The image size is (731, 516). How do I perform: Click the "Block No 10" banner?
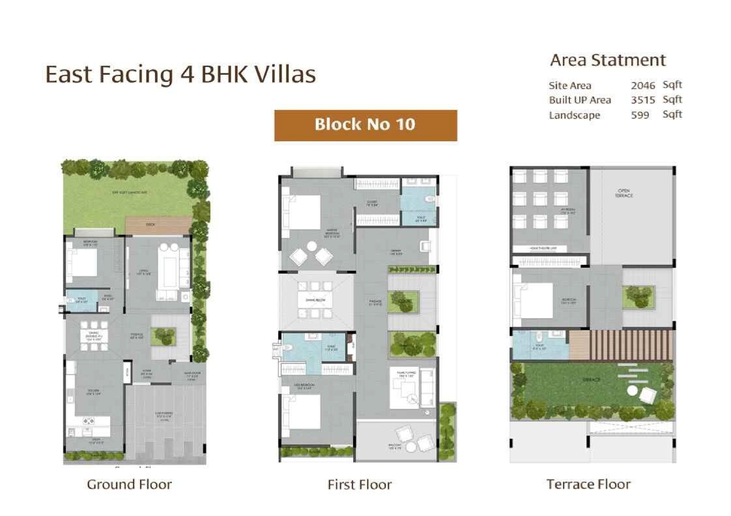(365, 125)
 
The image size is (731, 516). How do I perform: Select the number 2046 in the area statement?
(642, 85)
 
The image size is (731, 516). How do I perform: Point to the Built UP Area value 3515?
(642, 100)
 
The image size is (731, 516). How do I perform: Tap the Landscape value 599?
(640, 115)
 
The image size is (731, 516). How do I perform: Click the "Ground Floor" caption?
(129, 484)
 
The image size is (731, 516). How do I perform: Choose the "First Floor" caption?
(360, 485)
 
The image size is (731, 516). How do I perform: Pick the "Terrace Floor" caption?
(588, 484)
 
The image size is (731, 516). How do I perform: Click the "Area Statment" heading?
(608, 61)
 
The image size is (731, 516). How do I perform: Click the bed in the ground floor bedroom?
(82, 264)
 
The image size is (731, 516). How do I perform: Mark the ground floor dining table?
(90, 335)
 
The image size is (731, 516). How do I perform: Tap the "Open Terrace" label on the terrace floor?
(624, 194)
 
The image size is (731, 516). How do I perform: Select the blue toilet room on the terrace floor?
(530, 345)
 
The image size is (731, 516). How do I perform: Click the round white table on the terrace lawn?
(631, 391)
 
